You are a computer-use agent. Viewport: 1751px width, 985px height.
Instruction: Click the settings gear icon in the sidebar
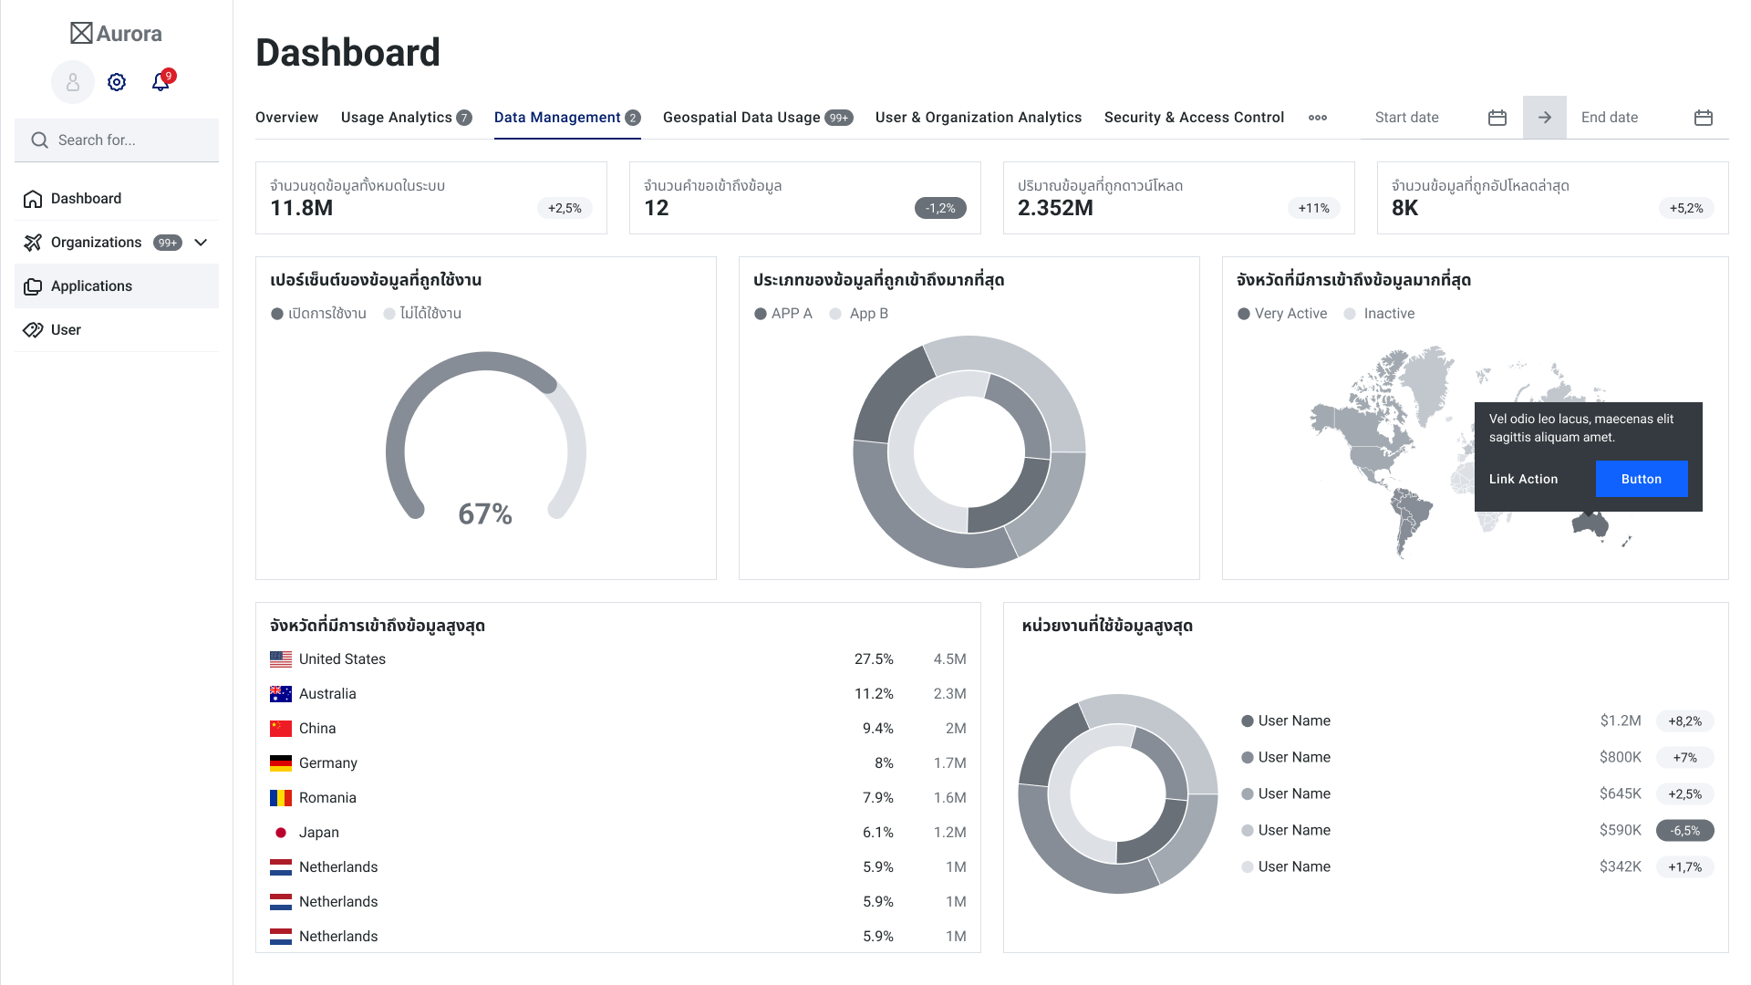[117, 82]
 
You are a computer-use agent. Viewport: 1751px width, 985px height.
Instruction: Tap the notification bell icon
[161, 82]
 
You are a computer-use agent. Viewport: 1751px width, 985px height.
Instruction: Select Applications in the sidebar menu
[91, 286]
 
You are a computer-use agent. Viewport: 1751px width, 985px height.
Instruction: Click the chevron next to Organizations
[202, 243]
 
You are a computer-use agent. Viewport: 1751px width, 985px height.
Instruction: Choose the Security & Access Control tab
[1194, 118]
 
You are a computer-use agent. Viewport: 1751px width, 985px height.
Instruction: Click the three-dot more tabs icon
[1318, 118]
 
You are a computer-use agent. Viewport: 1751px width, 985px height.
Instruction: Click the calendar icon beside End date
[1704, 118]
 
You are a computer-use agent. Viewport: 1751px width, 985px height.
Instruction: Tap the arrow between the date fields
[1545, 118]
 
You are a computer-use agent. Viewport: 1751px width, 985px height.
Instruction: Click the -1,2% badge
[940, 209]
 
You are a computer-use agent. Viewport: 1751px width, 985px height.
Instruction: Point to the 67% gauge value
[485, 514]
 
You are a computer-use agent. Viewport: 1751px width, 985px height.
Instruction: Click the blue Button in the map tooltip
[1642, 479]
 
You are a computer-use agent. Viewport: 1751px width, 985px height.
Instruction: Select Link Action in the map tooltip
[1523, 479]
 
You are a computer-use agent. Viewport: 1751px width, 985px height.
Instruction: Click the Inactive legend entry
[1388, 314]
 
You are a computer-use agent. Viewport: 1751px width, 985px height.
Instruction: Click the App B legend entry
[867, 314]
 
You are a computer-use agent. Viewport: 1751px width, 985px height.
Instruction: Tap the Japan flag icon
[281, 833]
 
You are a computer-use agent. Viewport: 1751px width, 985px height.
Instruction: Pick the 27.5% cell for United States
[874, 659]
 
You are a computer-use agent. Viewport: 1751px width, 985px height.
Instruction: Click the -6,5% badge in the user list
[1684, 831]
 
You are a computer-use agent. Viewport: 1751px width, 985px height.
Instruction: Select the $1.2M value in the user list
[1621, 721]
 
